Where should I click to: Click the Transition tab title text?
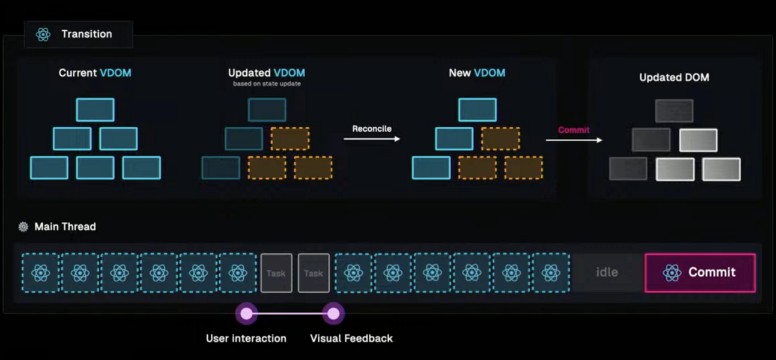(x=86, y=34)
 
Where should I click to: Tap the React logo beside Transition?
(x=43, y=34)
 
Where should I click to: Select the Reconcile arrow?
(x=372, y=139)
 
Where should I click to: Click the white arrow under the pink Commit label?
(x=574, y=140)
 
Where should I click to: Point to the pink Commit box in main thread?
(x=700, y=273)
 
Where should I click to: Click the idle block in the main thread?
(x=607, y=272)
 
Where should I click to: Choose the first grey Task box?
(x=276, y=273)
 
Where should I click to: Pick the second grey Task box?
(x=314, y=273)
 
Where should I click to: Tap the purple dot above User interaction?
(x=246, y=314)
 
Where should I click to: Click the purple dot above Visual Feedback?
(x=333, y=314)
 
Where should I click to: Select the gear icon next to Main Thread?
(x=23, y=227)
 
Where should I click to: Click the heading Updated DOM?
(x=674, y=78)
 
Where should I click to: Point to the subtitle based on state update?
(x=267, y=84)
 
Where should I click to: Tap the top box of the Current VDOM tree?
(x=95, y=110)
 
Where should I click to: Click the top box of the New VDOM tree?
(x=477, y=110)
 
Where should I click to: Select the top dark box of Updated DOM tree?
(x=674, y=111)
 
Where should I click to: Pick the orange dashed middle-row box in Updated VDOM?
(x=290, y=139)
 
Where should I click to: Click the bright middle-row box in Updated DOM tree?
(x=699, y=140)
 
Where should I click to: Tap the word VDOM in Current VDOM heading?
(x=116, y=73)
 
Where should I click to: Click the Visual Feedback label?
(x=351, y=338)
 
